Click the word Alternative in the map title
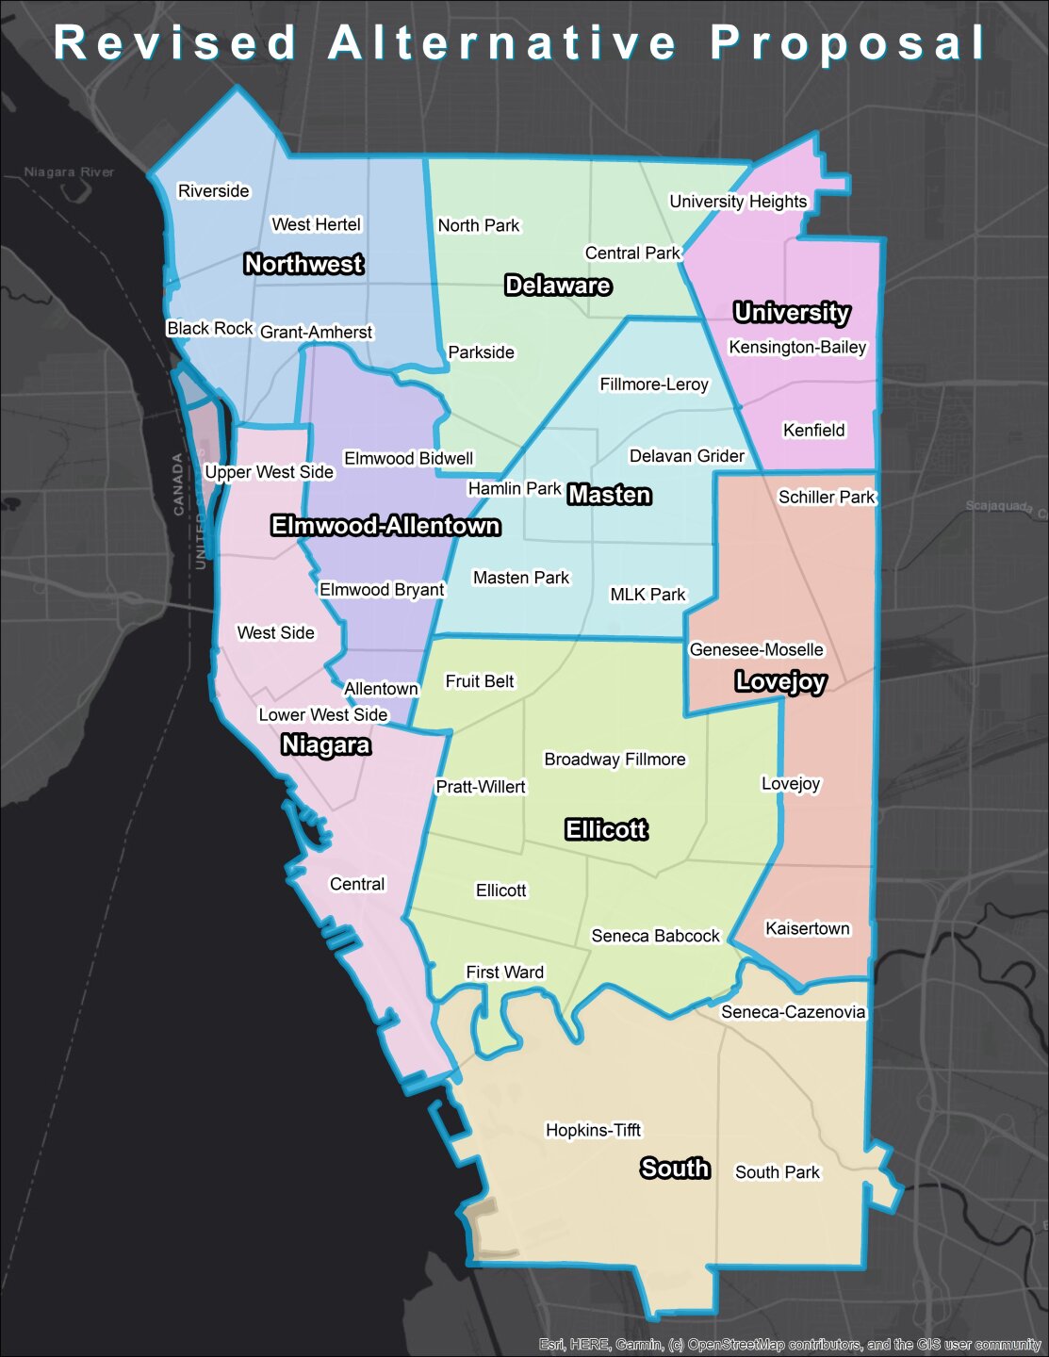tap(502, 43)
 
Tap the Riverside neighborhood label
tap(214, 191)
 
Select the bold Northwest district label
tap(303, 264)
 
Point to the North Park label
tap(479, 225)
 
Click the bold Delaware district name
tap(558, 286)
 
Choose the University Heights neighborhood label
tap(738, 202)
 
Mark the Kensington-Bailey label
tap(797, 347)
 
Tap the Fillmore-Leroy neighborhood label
tap(654, 384)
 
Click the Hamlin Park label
tap(515, 488)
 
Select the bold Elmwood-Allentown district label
tap(385, 526)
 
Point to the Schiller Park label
tap(827, 497)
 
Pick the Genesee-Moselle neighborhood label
tap(757, 649)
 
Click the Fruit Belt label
tap(480, 681)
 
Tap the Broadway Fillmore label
tap(615, 760)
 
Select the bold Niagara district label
tap(326, 745)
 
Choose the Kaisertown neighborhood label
tap(808, 928)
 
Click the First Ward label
tap(505, 972)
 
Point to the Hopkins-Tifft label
tap(594, 1130)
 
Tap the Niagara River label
tap(69, 172)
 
